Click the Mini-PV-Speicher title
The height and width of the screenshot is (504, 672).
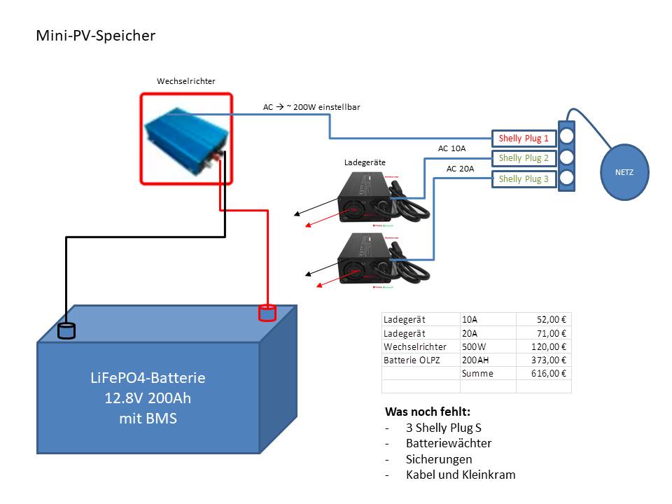pyautogui.click(x=96, y=36)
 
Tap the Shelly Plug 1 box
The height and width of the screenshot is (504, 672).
pyautogui.click(x=524, y=139)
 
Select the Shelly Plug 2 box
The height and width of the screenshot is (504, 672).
pyautogui.click(x=524, y=158)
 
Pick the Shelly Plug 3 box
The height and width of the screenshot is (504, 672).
pyautogui.click(x=524, y=178)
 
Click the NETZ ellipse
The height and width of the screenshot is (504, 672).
pyautogui.click(x=624, y=172)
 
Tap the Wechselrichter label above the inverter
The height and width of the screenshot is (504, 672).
pyautogui.click(x=186, y=81)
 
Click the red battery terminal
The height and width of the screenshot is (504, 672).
pyautogui.click(x=267, y=313)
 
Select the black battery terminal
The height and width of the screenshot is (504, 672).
pyautogui.click(x=66, y=331)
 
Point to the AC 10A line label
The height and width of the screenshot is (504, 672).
pyautogui.click(x=451, y=148)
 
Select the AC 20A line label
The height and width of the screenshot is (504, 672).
pyautogui.click(x=461, y=169)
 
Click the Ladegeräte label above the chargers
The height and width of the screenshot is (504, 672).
pyautogui.click(x=365, y=162)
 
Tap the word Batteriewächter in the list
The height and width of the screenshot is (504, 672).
pyautogui.click(x=449, y=443)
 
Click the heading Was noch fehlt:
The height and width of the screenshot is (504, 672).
pyautogui.click(x=428, y=412)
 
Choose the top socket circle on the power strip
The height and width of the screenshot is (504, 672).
pyautogui.click(x=566, y=136)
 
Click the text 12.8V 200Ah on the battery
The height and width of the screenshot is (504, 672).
pyautogui.click(x=148, y=398)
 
